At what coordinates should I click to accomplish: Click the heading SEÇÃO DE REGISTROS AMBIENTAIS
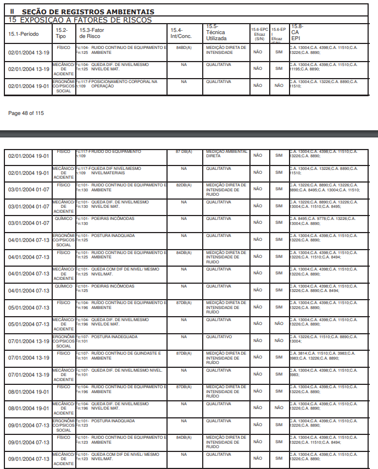(88, 12)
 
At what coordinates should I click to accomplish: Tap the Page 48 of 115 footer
(26, 113)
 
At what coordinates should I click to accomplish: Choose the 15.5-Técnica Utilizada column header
(216, 32)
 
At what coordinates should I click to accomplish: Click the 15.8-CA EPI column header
(297, 32)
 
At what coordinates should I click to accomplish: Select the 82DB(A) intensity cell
(184, 185)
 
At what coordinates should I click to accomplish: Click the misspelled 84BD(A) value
(184, 48)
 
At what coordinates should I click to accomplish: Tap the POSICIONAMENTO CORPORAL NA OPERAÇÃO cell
(124, 84)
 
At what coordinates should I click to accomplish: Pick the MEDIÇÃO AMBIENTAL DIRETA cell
(226, 153)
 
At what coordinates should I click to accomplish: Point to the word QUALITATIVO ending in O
(218, 336)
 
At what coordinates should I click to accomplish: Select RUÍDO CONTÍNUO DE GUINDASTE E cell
(126, 353)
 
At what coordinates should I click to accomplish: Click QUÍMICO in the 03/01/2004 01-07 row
(63, 219)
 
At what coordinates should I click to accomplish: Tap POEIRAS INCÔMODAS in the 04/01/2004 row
(112, 286)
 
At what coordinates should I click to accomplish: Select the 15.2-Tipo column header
(62, 32)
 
